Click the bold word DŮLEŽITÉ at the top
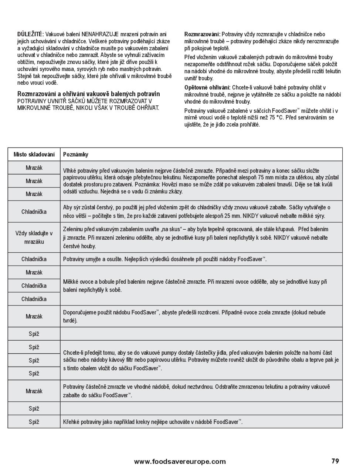coord(30,34)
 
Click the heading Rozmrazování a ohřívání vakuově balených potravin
coord(89,94)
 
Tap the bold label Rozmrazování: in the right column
coord(202,34)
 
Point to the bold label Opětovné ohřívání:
coord(207,88)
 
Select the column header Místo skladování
coord(34,155)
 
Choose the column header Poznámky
coord(76,155)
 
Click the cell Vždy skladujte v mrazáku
coord(34,237)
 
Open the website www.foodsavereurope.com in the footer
coord(180,461)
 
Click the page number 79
coord(335,461)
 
